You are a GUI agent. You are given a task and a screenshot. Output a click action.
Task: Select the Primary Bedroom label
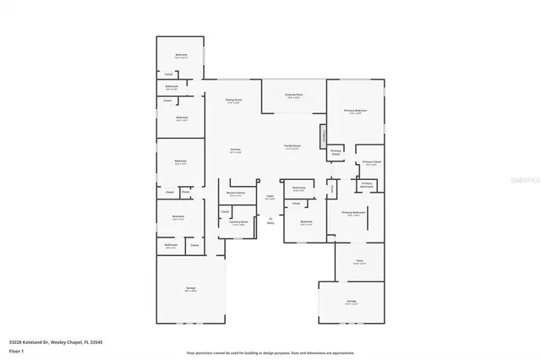(x=355, y=111)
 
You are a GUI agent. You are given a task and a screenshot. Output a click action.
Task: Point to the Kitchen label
(x=236, y=150)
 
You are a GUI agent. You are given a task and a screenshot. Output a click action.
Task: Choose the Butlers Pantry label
(x=236, y=194)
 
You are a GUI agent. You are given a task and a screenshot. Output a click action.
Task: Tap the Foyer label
(x=270, y=197)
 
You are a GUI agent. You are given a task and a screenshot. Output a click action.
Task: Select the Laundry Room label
(x=239, y=222)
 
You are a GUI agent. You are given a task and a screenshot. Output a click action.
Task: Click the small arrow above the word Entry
(x=270, y=219)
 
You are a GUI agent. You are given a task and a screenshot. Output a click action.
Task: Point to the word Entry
(x=270, y=224)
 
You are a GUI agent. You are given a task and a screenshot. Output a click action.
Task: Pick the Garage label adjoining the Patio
(x=351, y=301)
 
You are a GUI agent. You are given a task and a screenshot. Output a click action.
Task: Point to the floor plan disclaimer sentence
(x=270, y=352)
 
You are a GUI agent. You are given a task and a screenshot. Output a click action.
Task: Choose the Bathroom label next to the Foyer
(x=298, y=188)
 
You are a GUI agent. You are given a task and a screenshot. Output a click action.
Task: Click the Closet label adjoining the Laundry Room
(x=225, y=210)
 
